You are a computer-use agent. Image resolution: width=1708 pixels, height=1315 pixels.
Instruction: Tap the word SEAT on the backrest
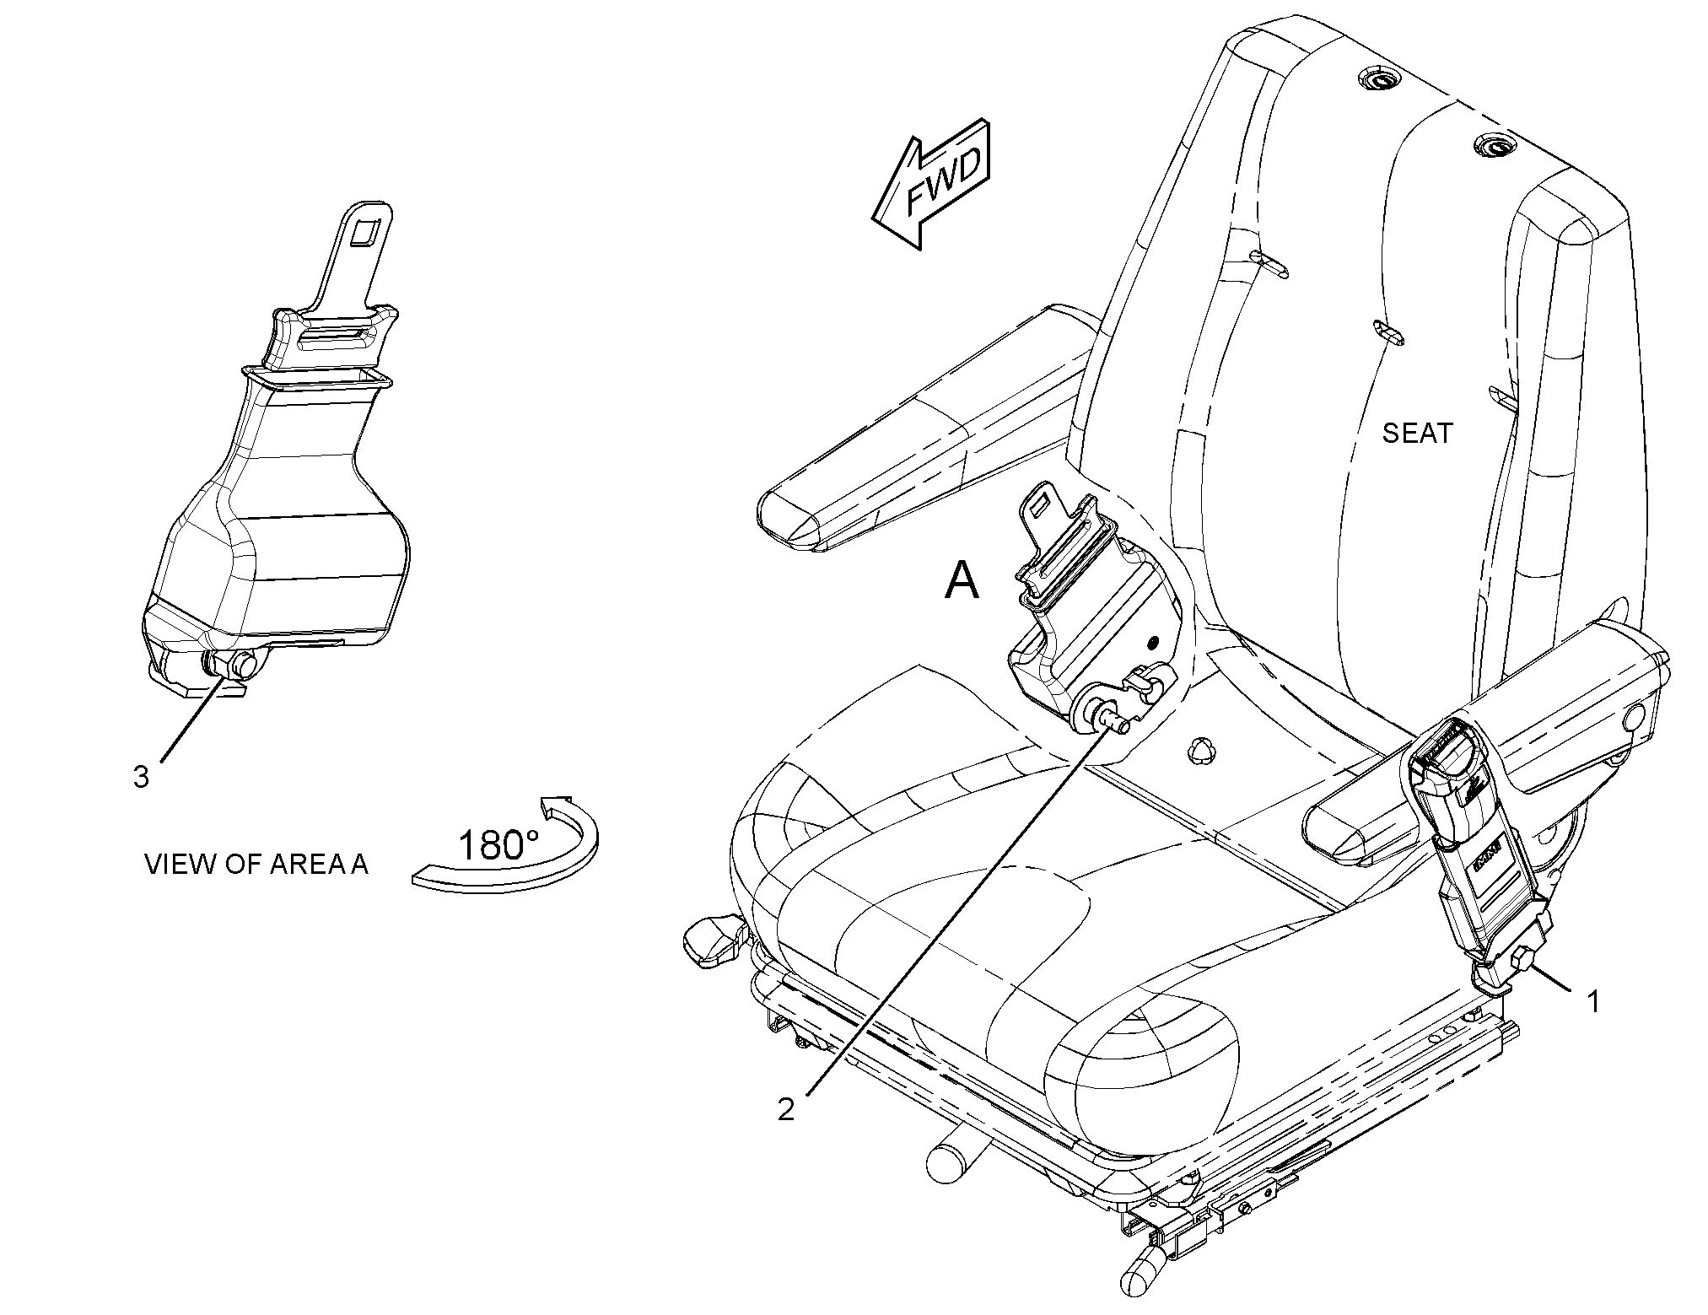[x=1417, y=434]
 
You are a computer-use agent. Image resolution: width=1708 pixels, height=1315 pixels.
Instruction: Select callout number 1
[x=1592, y=1002]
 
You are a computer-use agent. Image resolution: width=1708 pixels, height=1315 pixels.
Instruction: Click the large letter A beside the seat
[x=962, y=581]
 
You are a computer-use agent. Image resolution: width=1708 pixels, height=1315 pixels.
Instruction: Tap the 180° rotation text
[x=498, y=844]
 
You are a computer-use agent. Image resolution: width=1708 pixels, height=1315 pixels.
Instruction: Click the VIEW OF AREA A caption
[x=256, y=865]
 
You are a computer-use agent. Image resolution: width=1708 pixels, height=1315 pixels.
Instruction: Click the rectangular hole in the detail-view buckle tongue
[x=366, y=231]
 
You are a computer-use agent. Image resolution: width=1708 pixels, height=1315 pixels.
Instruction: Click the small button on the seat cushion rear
[x=1201, y=750]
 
